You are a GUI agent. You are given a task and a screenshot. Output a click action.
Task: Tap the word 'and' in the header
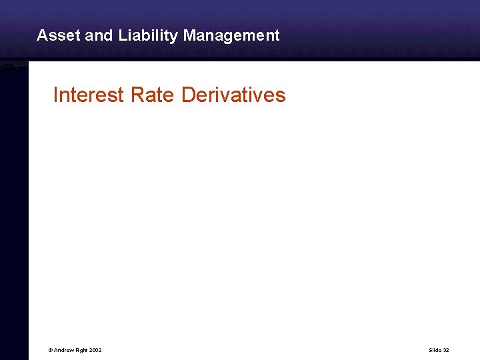tap(99, 35)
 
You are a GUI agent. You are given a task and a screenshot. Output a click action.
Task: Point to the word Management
tap(231, 36)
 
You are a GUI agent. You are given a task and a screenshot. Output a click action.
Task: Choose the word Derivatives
tap(233, 95)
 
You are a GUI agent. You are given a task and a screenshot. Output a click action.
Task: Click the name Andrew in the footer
tap(63, 350)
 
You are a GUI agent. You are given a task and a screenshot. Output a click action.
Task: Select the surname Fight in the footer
tap(81, 350)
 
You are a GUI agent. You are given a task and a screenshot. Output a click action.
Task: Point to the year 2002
tap(95, 350)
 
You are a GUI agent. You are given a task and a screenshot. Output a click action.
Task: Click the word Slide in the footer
tap(435, 350)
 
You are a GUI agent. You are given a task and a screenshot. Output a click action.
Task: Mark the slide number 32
tap(445, 350)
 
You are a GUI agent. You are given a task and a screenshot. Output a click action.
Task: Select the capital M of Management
tap(189, 35)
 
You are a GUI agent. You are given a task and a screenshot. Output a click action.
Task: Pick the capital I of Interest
tap(55, 95)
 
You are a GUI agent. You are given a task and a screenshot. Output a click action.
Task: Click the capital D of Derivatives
tap(188, 95)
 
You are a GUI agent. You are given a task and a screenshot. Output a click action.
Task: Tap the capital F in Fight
tap(76, 350)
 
